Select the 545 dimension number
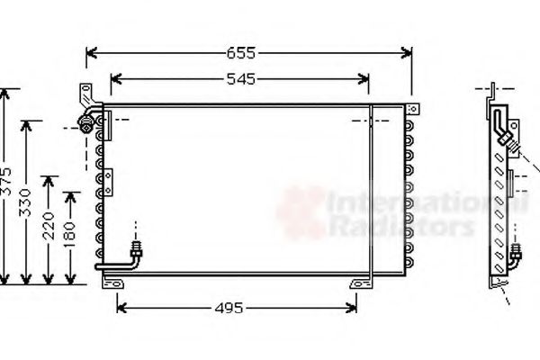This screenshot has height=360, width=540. click(239, 80)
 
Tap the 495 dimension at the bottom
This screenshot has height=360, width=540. click(230, 309)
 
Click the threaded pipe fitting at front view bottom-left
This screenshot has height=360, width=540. click(135, 248)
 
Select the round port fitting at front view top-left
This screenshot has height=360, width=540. click(86, 123)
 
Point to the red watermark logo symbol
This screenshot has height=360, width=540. click(301, 212)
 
